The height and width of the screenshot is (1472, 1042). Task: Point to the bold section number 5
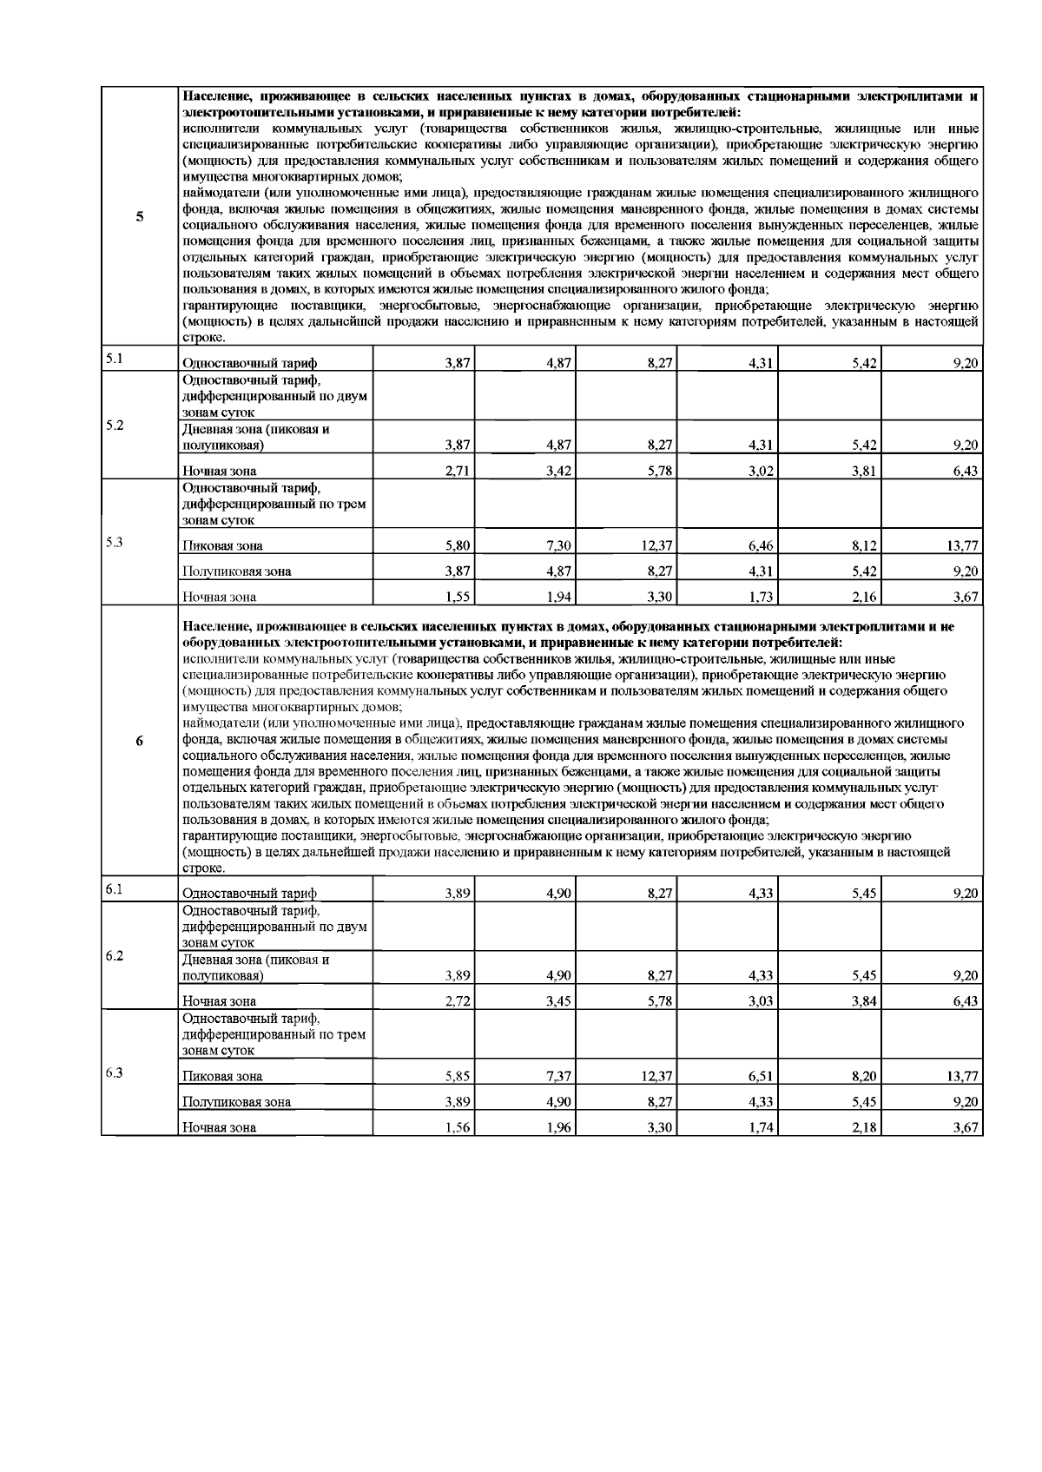pos(140,216)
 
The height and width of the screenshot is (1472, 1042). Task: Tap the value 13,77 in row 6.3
pos(962,1076)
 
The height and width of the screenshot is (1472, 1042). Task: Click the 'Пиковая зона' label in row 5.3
pos(222,546)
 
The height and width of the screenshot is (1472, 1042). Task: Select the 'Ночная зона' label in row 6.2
pos(219,1001)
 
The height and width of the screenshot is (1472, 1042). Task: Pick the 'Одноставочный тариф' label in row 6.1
pos(249,893)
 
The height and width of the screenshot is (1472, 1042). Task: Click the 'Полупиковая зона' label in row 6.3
pos(236,1102)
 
